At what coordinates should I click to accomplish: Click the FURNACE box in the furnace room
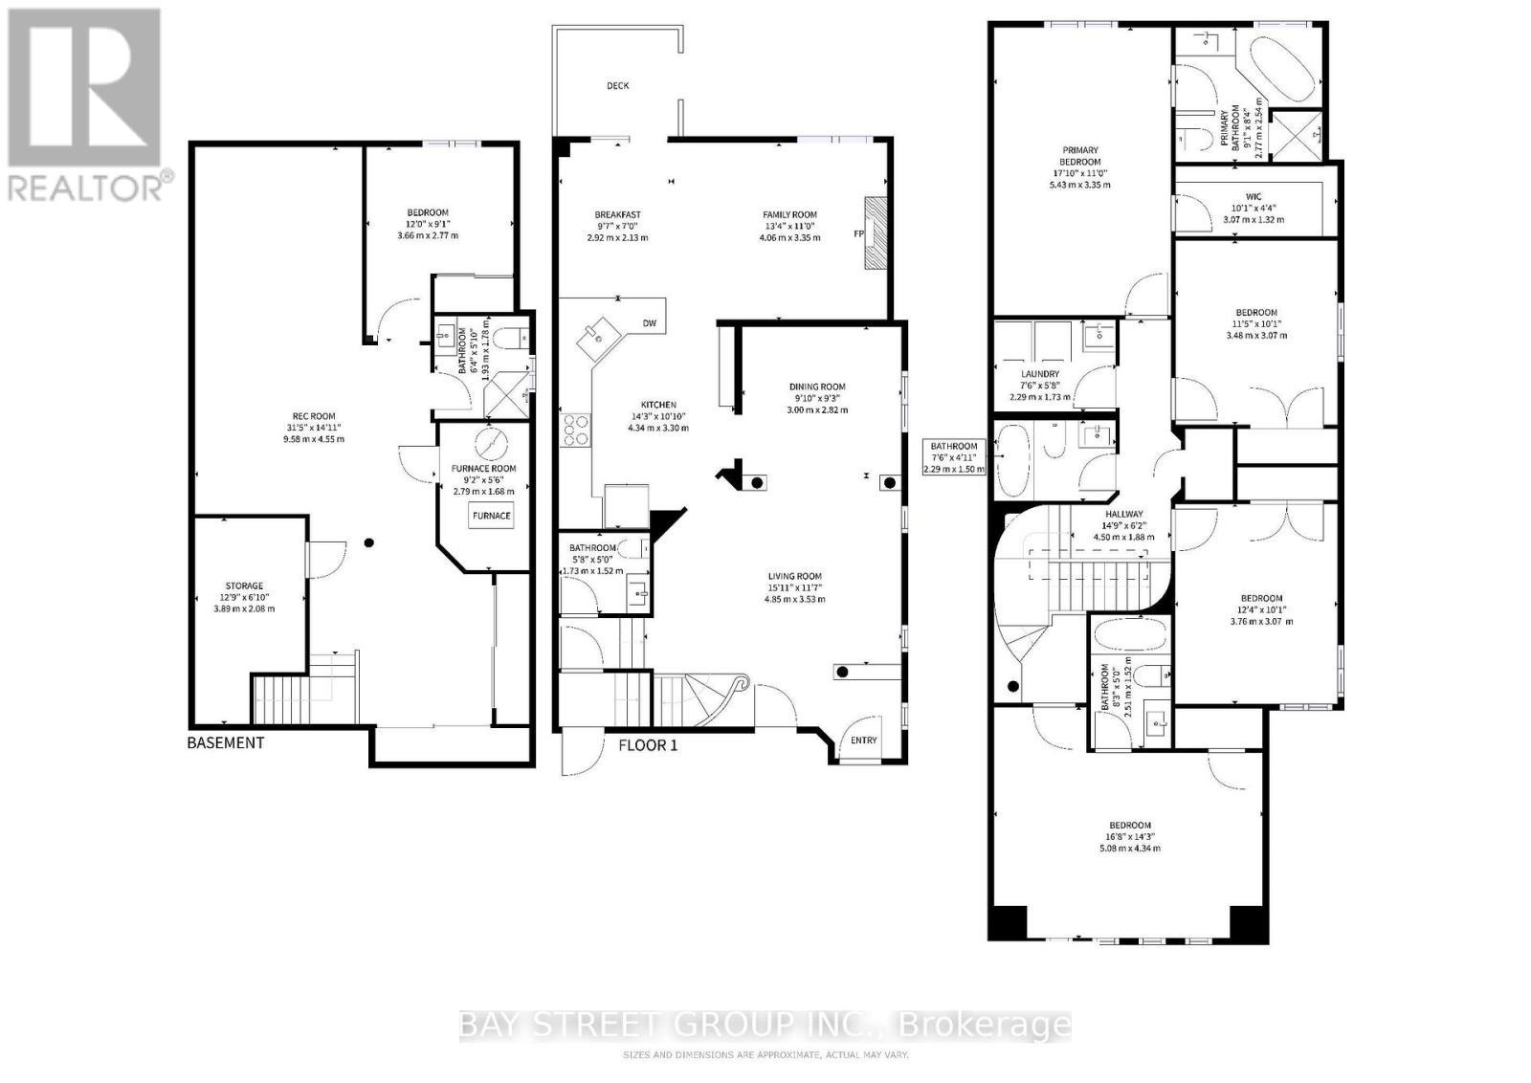pyautogui.click(x=492, y=517)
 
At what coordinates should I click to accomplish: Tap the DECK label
pyautogui.click(x=618, y=86)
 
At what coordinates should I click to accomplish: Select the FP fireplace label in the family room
pyautogui.click(x=857, y=233)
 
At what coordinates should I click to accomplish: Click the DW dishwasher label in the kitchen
pyautogui.click(x=649, y=323)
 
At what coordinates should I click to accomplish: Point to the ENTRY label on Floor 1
pyautogui.click(x=863, y=740)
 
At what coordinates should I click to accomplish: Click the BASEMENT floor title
pyautogui.click(x=226, y=742)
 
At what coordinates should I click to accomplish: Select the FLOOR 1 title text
pyautogui.click(x=648, y=744)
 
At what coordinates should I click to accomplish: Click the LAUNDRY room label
pyautogui.click(x=1040, y=374)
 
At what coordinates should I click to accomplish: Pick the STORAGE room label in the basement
pyautogui.click(x=244, y=586)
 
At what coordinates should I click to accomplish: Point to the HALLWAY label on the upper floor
pyautogui.click(x=1123, y=514)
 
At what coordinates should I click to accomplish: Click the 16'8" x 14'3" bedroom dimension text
pyautogui.click(x=1129, y=836)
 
